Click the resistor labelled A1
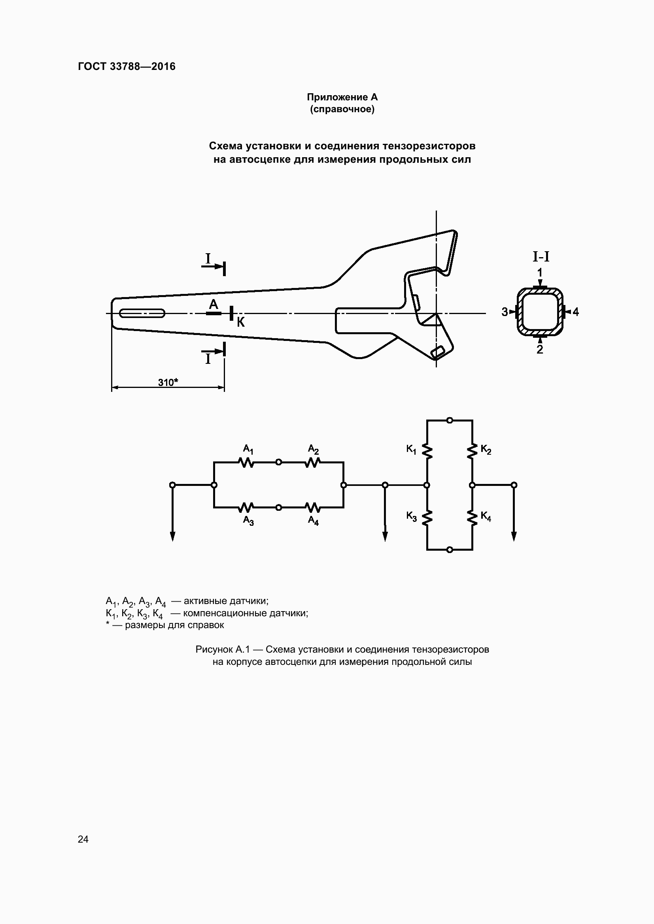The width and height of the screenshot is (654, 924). (x=246, y=463)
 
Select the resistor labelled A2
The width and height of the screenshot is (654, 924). (x=312, y=463)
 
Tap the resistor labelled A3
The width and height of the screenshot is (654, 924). (x=246, y=508)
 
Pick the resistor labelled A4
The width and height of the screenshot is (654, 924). (x=312, y=508)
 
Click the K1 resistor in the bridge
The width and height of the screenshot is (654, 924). (x=427, y=452)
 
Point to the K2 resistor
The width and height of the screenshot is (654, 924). (x=472, y=452)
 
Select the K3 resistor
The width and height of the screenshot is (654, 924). (x=427, y=518)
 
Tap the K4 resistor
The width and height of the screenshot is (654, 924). (x=472, y=518)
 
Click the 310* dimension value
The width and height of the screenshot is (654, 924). (x=168, y=382)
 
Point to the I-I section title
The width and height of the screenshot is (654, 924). (x=541, y=256)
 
